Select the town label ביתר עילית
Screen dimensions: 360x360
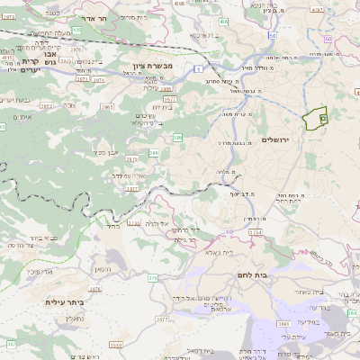64,302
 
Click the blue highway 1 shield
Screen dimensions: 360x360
196,67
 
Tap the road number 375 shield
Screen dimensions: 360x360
153,277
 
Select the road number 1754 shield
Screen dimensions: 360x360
255,233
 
